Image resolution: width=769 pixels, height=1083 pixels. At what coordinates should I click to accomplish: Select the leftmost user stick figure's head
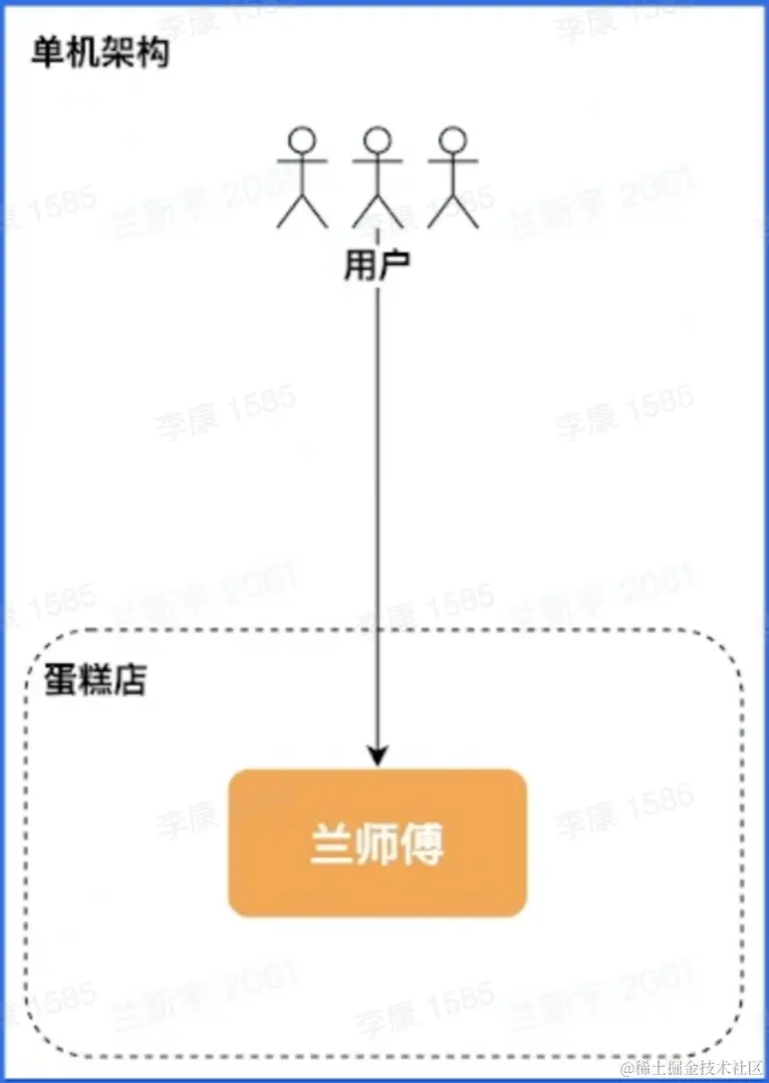(x=302, y=139)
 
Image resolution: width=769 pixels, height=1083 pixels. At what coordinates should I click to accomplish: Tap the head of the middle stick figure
(x=378, y=139)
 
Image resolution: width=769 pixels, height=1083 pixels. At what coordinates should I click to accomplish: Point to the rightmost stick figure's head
(x=453, y=139)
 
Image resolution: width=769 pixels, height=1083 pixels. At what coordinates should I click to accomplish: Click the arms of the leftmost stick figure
(x=302, y=160)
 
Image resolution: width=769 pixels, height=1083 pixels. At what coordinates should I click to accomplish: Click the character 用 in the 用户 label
(x=360, y=266)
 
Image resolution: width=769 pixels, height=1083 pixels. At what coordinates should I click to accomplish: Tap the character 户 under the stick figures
(x=394, y=266)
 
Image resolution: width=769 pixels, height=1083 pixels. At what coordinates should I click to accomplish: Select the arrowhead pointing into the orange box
(x=378, y=758)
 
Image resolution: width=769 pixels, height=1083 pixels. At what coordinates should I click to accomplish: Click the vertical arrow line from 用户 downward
(x=378, y=498)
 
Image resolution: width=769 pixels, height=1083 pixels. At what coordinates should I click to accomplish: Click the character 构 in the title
(x=153, y=52)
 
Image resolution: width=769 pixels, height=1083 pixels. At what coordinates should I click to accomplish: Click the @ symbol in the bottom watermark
(x=629, y=1069)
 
